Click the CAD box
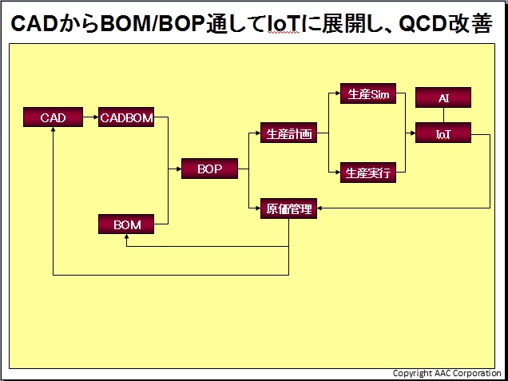[54, 117]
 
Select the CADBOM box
[126, 117]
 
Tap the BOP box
[209, 169]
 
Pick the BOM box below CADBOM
[126, 224]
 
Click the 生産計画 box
[288, 133]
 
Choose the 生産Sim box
[368, 93]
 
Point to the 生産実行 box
[368, 173]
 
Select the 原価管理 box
[288, 208]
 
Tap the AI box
[443, 97]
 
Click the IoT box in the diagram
[443, 133]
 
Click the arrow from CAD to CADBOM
[91, 117]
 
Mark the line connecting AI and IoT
[443, 115]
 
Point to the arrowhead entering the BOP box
[179, 169]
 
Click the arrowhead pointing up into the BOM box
[126, 236]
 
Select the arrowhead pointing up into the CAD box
[54, 129]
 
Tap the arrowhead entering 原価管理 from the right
[319, 208]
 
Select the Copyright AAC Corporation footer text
[446, 373]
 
